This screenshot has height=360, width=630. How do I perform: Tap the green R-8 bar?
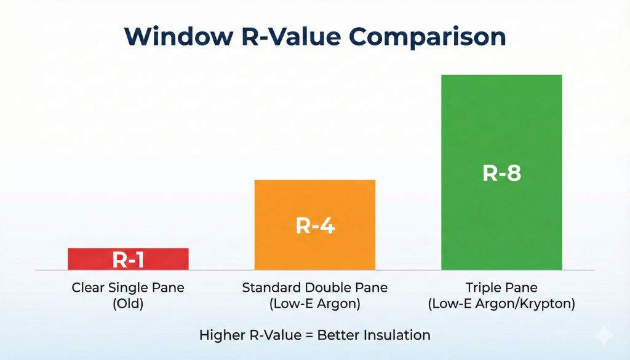pos(501,123)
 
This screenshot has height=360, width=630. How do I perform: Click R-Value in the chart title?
pos(289,36)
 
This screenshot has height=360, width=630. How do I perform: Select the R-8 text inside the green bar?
pos(501,173)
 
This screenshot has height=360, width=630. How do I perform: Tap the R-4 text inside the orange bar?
pos(315,226)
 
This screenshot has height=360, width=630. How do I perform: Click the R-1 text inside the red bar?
pos(128,260)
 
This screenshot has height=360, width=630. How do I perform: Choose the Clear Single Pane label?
pos(128,287)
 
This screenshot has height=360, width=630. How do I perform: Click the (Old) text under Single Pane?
pos(128,303)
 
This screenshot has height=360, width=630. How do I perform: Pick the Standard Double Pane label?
pos(315,287)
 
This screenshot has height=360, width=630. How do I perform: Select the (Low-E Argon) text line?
pos(315,303)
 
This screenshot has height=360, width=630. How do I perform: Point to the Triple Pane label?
pos(501,287)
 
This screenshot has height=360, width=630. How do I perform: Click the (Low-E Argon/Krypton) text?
pos(501,303)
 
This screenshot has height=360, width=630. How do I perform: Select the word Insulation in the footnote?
pos(397,335)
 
